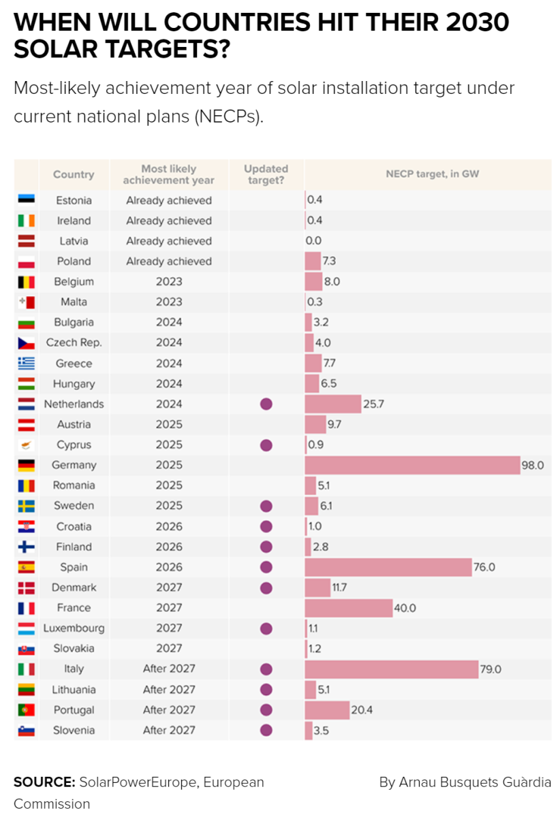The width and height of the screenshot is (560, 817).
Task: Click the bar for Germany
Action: point(412,465)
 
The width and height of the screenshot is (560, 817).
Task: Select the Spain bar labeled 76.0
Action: point(388,567)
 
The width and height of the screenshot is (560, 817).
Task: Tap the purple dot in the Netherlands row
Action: point(266,404)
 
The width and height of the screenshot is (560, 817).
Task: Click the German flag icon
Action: point(27,465)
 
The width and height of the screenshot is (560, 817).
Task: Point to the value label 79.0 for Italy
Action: point(491,669)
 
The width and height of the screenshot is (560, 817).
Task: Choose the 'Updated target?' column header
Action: point(266,174)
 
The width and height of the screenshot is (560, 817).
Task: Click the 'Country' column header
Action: point(74,174)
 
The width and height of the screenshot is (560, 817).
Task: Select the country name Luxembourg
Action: point(74,628)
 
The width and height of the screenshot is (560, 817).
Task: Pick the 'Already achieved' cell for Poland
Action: point(169,261)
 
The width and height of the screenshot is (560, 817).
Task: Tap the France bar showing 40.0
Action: point(349,608)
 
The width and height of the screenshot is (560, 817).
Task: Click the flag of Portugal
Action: point(27,710)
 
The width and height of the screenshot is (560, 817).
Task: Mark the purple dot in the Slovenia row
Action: point(266,730)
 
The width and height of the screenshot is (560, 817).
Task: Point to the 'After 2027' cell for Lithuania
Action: point(169,690)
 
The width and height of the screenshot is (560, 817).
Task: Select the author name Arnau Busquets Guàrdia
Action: point(465,782)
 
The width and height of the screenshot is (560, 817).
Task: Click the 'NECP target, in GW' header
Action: point(432,174)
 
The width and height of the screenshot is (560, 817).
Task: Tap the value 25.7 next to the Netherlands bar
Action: point(373,404)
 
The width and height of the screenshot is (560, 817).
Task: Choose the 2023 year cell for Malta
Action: point(169,302)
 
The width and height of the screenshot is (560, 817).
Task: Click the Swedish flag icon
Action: point(27,506)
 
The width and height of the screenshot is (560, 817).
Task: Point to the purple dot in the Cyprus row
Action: point(266,445)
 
